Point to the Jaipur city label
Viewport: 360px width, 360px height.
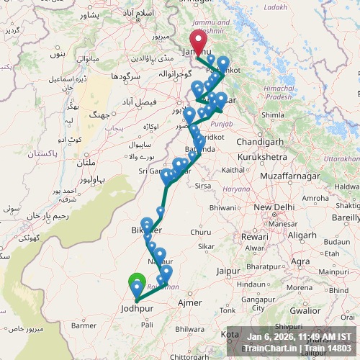click(228, 271)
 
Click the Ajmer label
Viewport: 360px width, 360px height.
click(190, 303)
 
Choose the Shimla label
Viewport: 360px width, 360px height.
click(273, 114)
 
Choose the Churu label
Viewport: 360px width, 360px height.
click(201, 232)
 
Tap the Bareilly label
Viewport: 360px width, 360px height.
click(345, 215)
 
